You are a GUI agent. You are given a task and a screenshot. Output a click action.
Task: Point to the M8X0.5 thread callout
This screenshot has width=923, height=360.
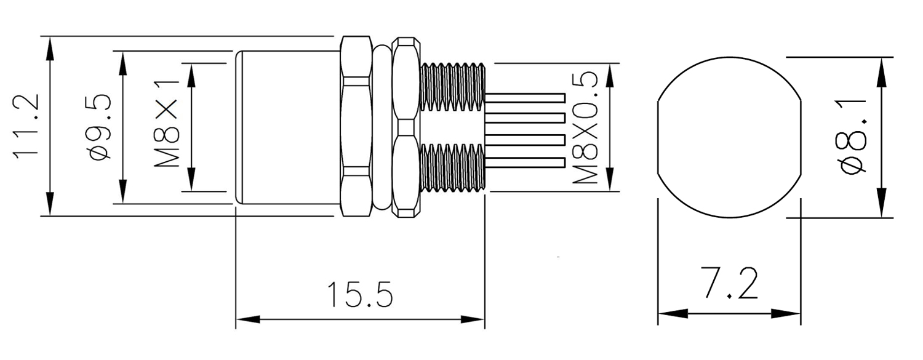pos(585,127)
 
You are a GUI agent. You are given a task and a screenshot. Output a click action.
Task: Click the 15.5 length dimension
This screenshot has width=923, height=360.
pos(359,295)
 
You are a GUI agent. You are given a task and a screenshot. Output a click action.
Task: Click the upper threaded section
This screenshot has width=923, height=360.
pos(452,86)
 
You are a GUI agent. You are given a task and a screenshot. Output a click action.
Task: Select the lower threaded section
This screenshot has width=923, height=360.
pos(452,167)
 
